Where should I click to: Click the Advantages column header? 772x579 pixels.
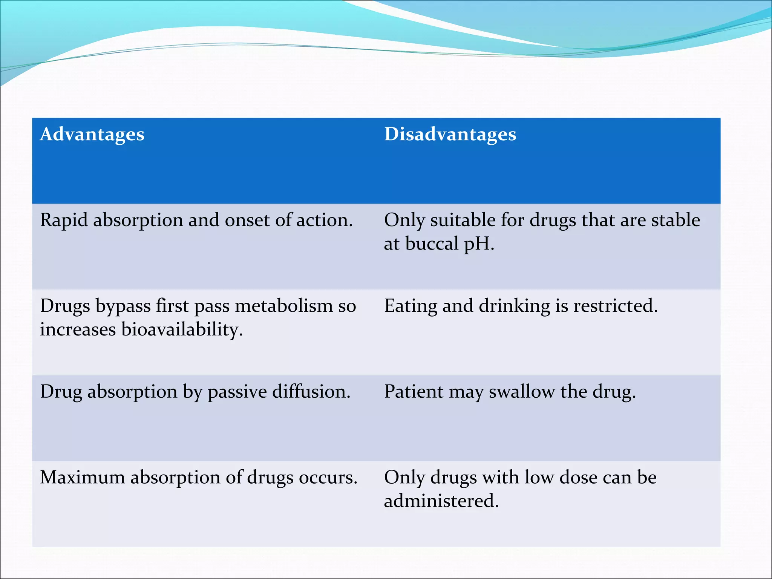tap(92, 135)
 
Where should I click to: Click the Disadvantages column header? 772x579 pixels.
tap(450, 135)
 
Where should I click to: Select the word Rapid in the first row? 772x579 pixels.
tap(64, 220)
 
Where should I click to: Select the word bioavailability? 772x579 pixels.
tap(182, 329)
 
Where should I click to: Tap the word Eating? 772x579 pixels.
tap(411, 306)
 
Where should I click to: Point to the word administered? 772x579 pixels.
tap(441, 501)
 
